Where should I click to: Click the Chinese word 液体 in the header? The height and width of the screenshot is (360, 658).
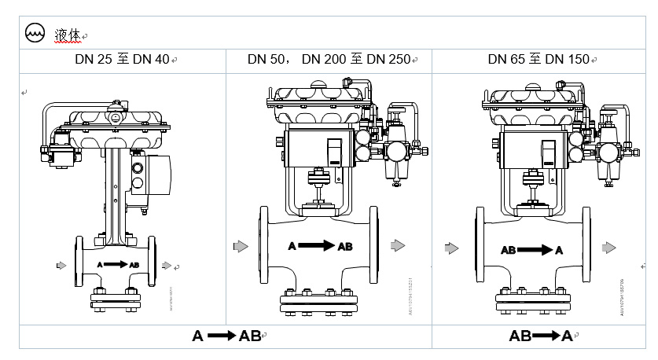click(x=66, y=35)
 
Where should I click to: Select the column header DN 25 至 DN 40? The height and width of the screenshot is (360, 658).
click(x=118, y=60)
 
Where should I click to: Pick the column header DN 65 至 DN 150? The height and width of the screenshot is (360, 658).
click(x=538, y=60)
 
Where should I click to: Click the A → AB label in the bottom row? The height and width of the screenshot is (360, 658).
click(x=226, y=336)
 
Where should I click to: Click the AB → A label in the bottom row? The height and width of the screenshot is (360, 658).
click(x=541, y=336)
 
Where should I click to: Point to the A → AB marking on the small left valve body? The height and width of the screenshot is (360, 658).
click(x=118, y=265)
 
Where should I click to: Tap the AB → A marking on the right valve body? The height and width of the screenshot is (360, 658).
click(x=532, y=250)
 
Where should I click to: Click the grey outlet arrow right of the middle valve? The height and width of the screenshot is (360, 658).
click(x=398, y=246)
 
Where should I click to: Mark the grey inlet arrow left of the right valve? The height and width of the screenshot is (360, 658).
click(x=451, y=248)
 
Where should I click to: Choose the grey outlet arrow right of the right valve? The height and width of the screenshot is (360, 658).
click(x=609, y=248)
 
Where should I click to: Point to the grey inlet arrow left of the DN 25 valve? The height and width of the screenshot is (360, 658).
click(x=62, y=265)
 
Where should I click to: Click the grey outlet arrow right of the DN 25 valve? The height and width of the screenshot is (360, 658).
click(x=166, y=265)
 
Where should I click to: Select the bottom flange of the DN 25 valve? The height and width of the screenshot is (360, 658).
click(x=115, y=299)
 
